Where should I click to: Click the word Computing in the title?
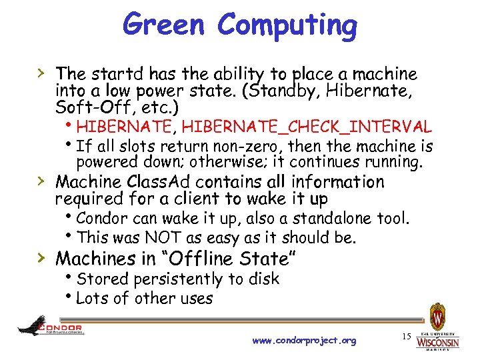coord(287,27)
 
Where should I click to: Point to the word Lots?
coord(92,298)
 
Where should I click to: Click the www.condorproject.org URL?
coord(305,341)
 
